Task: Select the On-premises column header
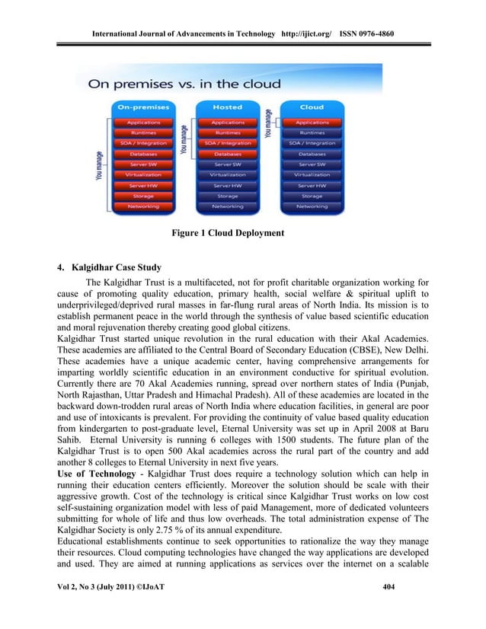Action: click(x=142, y=107)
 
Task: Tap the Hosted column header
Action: click(x=227, y=107)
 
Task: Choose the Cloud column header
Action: click(x=312, y=107)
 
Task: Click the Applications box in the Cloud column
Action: click(x=312, y=122)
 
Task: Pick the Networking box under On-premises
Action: click(x=142, y=206)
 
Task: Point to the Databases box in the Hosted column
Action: click(x=227, y=153)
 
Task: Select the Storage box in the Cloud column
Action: click(x=312, y=196)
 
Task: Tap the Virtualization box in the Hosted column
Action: click(x=227, y=174)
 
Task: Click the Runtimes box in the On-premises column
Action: click(x=142, y=133)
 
